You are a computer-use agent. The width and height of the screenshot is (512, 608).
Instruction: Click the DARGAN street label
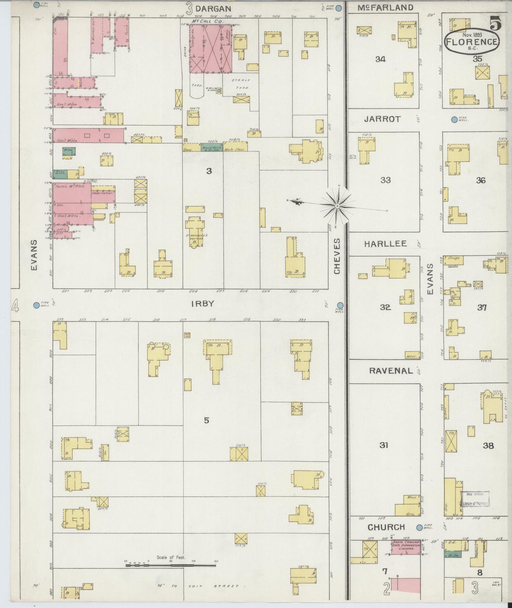(213, 9)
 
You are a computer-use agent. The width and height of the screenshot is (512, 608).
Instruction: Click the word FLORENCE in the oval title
(472, 42)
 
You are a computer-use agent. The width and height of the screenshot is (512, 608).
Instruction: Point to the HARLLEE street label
(384, 244)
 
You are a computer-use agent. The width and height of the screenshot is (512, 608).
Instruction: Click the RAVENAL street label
(391, 371)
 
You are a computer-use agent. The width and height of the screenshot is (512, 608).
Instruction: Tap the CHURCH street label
(386, 527)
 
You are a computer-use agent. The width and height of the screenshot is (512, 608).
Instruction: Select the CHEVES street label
(337, 256)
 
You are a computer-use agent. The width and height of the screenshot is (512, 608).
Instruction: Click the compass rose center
(337, 205)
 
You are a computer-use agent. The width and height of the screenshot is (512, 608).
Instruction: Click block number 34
(381, 59)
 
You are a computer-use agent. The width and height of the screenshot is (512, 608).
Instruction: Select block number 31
(384, 445)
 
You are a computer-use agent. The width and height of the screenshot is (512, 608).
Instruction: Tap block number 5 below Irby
(207, 420)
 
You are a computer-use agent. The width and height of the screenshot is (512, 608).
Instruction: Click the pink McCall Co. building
(211, 49)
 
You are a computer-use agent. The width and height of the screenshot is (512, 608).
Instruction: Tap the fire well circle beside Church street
(419, 527)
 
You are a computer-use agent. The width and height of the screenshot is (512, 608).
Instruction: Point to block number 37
(482, 308)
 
